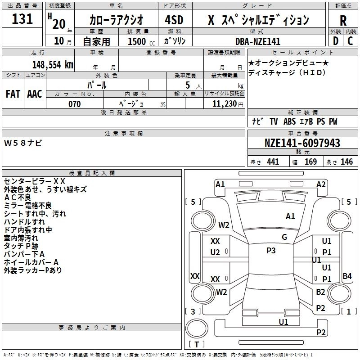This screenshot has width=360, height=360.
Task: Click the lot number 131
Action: click(22, 18)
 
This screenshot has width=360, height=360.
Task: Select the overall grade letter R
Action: click(343, 21)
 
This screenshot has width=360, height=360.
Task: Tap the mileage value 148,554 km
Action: click(53, 64)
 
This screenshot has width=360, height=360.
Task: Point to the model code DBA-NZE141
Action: click(258, 41)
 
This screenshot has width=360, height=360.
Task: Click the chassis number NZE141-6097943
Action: click(302, 143)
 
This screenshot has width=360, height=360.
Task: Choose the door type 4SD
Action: click(174, 20)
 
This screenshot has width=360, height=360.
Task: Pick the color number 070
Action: click(75, 104)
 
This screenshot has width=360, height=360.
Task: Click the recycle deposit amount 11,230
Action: click(225, 104)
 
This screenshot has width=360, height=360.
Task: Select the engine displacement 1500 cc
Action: click(141, 41)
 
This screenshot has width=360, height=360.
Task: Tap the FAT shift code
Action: click(13, 94)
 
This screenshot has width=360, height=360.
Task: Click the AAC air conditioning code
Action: click(35, 94)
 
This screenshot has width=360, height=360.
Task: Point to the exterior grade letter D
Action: click(336, 41)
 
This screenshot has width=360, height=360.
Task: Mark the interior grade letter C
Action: click(350, 41)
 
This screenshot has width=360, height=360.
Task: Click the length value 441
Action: click(273, 162)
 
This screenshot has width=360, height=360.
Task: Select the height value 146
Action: click(346, 162)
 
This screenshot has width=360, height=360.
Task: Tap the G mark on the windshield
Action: click(284, 237)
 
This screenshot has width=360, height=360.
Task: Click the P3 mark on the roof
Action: click(271, 251)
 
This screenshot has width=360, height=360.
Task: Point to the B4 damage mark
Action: click(347, 276)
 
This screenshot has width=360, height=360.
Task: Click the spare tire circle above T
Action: click(197, 328)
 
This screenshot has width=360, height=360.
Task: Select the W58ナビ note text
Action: click(23, 143)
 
